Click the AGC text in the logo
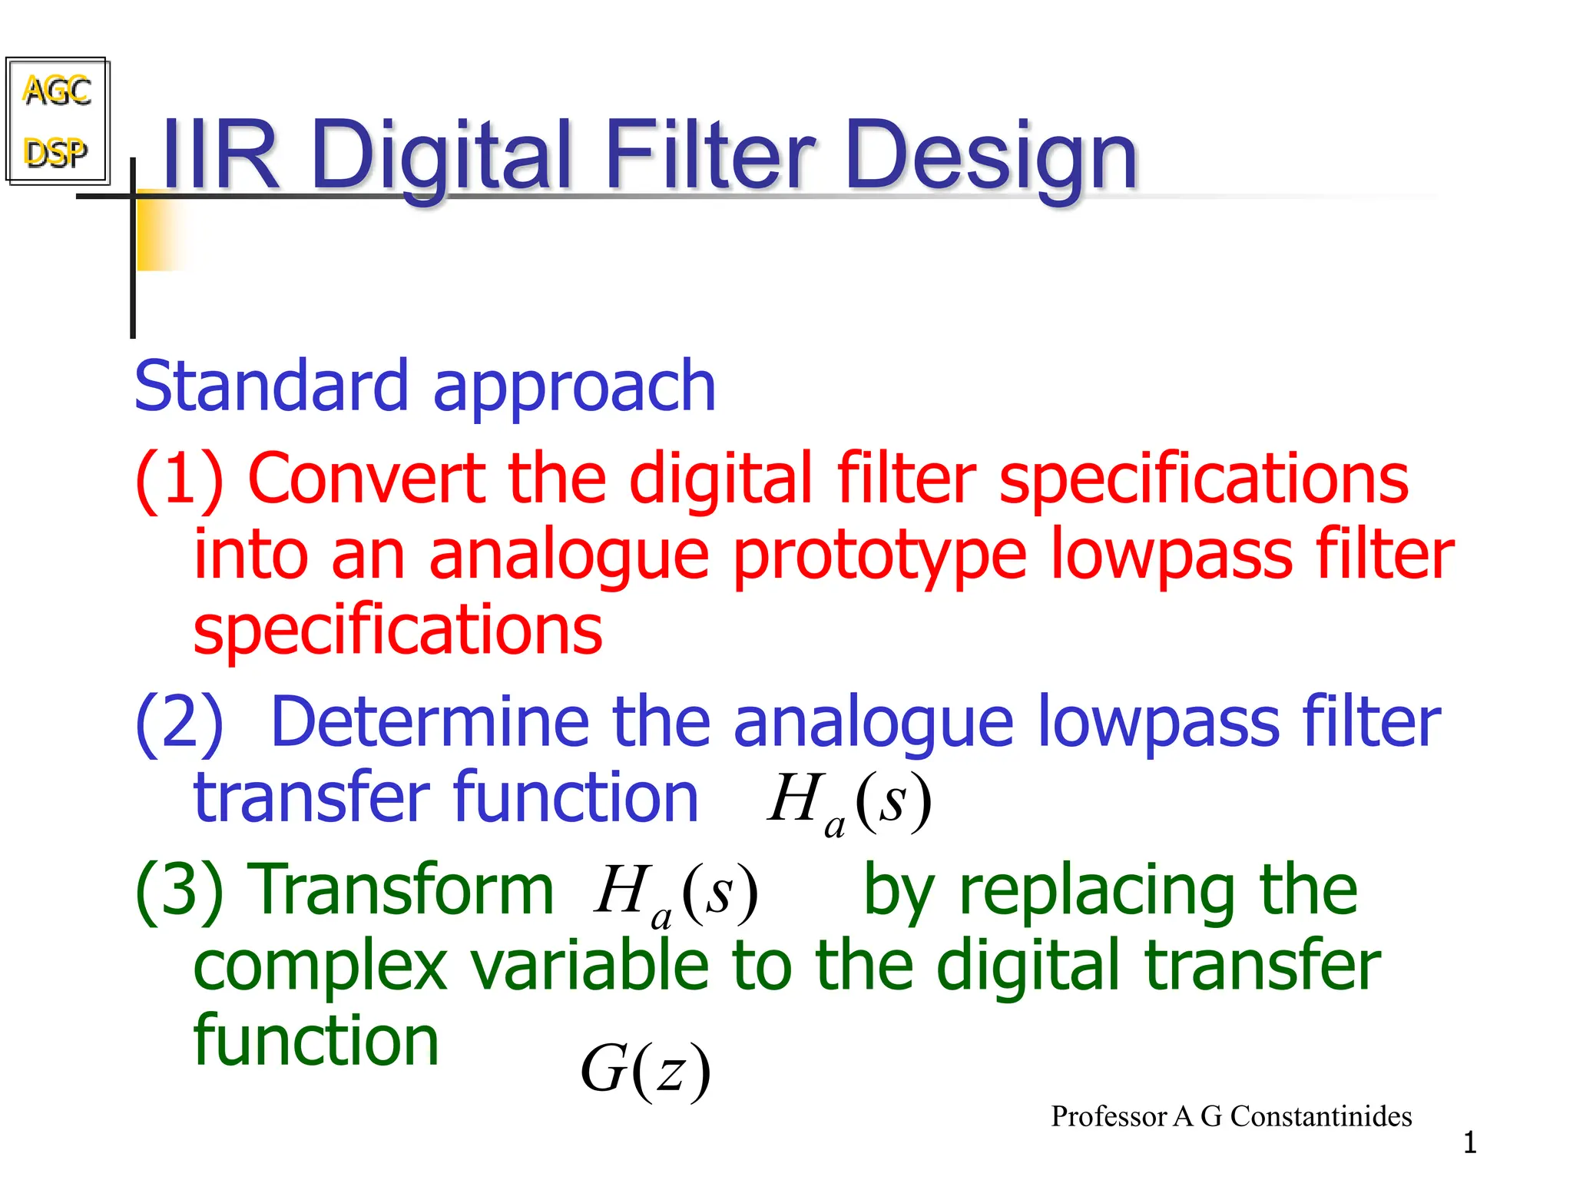click(x=58, y=91)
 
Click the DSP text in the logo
click(x=55, y=152)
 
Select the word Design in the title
click(x=991, y=157)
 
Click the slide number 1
click(x=1469, y=1143)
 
